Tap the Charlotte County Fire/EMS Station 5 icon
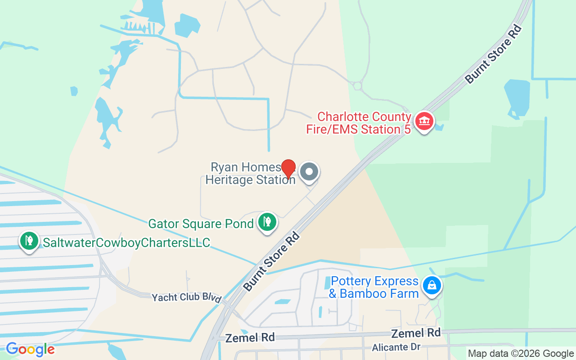pos(424,121)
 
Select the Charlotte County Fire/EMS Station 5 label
pos(359,123)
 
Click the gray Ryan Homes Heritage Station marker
pos(309,171)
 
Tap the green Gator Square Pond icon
pos(267,221)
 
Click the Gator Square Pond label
pos(201,224)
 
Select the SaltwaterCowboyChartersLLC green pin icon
pos(29,240)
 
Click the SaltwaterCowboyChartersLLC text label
pos(126,243)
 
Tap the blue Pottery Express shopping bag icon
pos(432,285)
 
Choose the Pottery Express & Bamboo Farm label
pos(374,288)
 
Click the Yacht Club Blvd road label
pos(187,298)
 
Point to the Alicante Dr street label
pos(396,347)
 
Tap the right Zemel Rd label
pos(416,333)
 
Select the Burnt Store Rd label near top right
pos(494,54)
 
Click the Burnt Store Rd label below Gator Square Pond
pos(271,261)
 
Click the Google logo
pos(30,349)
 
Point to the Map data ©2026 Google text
pos(521,354)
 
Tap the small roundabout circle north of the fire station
pos(357,85)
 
